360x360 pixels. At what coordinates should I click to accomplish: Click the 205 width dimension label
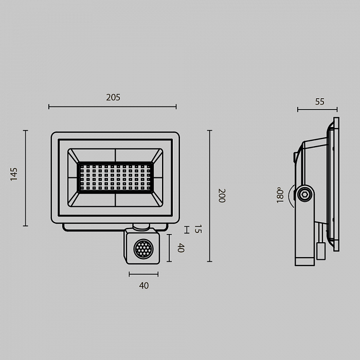pos(113,98)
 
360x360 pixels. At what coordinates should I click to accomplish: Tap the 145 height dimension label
pos(14,174)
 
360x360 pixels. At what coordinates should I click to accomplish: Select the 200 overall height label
pos(222,195)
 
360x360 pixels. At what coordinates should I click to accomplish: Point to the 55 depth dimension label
pos(319,102)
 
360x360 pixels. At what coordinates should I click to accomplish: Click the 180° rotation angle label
pos(280,195)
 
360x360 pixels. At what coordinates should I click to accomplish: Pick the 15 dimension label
pos(198,229)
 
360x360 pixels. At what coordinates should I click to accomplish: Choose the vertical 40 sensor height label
pos(181,248)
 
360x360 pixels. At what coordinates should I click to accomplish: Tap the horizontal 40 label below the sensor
pos(143,285)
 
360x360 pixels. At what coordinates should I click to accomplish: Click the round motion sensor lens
pos(143,248)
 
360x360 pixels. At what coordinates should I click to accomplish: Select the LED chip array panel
pos(115,177)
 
